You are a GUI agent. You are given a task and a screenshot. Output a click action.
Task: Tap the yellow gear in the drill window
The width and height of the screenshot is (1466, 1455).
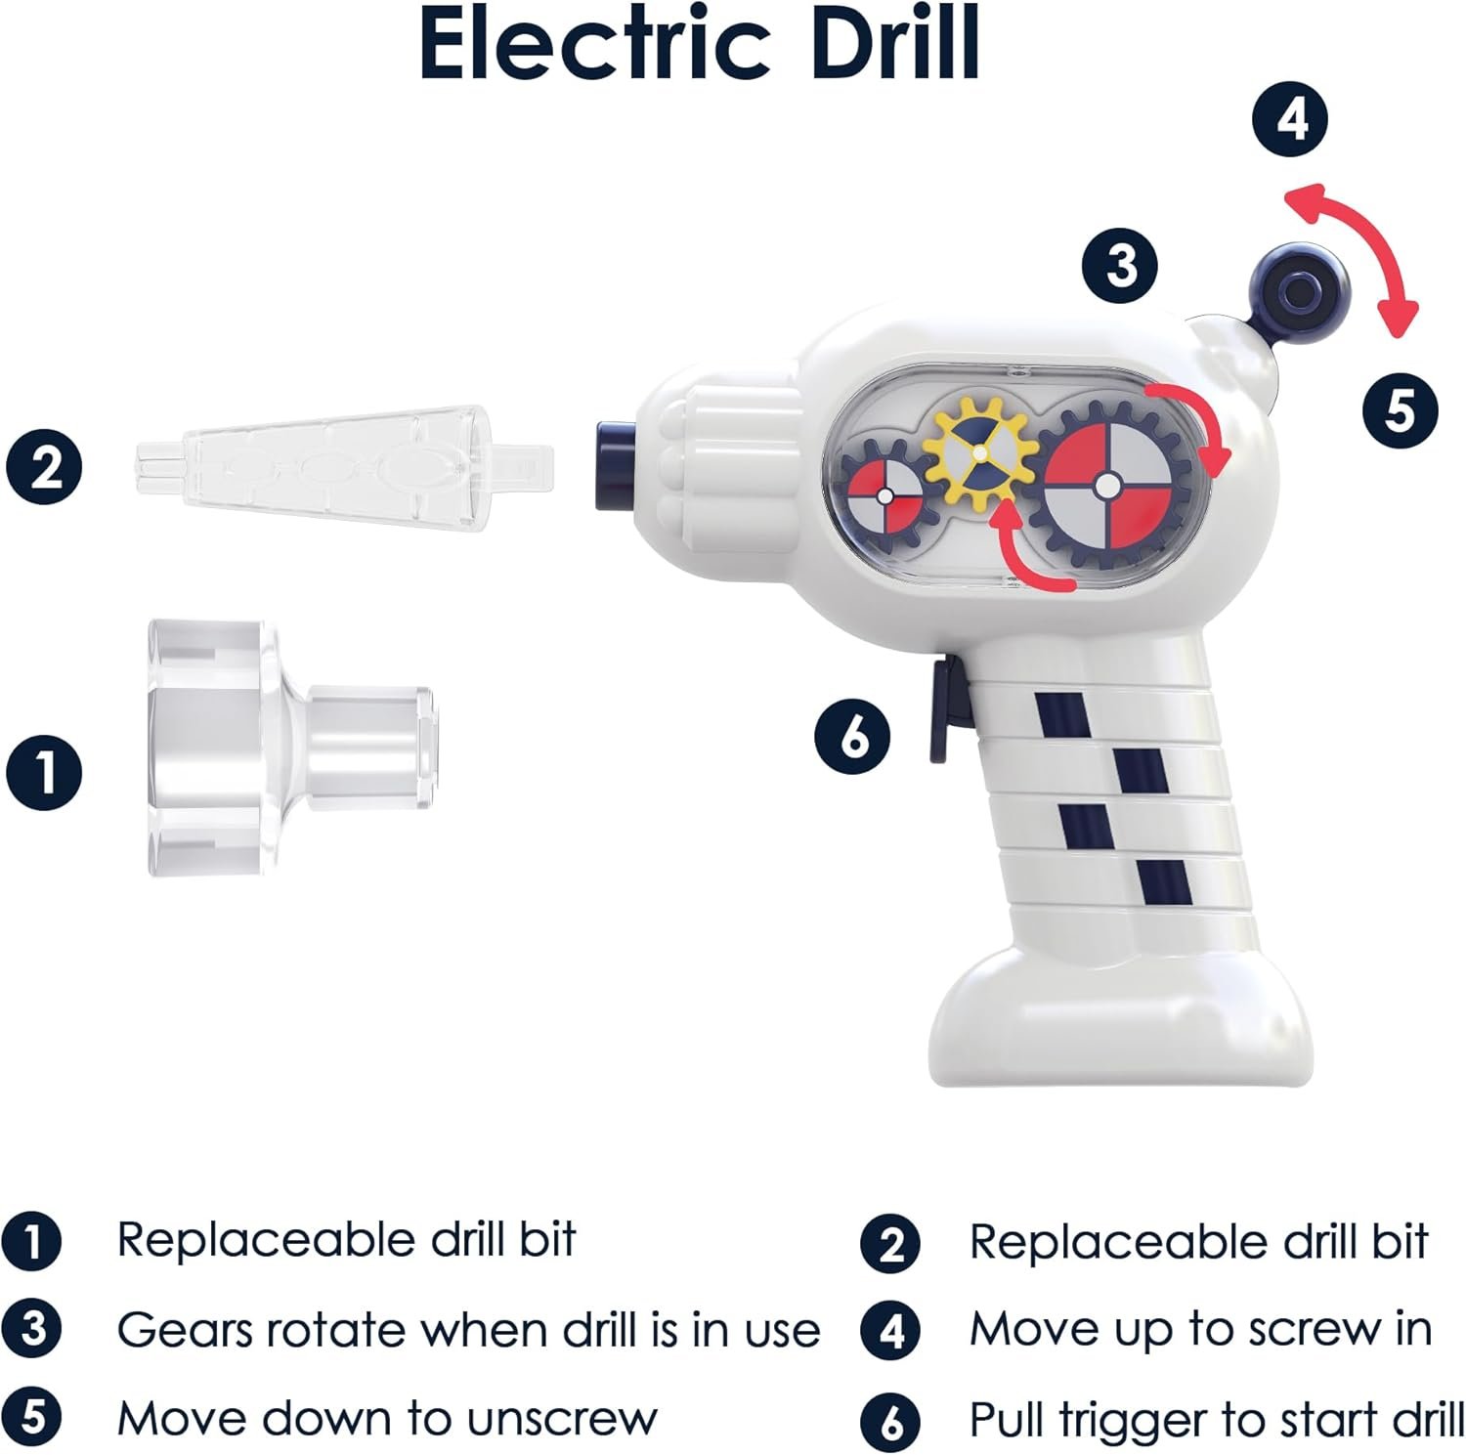tap(980, 451)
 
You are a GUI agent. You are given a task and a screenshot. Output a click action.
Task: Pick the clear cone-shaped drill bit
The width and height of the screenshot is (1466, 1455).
tap(342, 466)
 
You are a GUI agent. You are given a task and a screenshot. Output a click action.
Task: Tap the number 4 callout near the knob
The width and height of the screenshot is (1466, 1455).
tap(1291, 120)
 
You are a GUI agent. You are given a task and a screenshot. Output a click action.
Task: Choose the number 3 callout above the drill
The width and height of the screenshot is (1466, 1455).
tap(1119, 265)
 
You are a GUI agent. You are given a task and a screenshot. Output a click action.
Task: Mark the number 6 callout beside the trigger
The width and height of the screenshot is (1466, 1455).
tap(852, 736)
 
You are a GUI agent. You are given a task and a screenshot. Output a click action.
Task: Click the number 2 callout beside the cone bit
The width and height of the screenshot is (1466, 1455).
tap(45, 466)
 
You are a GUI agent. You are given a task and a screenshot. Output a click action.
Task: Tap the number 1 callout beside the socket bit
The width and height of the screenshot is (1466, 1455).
tap(44, 773)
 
